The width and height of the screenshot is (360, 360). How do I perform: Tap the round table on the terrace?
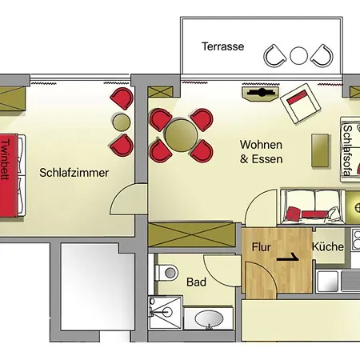click(x=298, y=55)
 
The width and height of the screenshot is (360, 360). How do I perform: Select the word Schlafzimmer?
click(x=74, y=173)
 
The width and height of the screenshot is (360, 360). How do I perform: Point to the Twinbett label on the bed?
click(x=6, y=161)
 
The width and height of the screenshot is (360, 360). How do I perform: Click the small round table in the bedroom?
click(x=121, y=122)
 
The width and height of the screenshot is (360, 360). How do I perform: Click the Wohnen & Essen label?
click(x=261, y=152)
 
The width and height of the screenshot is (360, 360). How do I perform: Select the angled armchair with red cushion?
click(x=300, y=103)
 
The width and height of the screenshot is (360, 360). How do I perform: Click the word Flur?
click(x=262, y=247)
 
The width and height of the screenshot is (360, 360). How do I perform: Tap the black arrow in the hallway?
click(x=290, y=258)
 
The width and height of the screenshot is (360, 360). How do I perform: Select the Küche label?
click(x=327, y=247)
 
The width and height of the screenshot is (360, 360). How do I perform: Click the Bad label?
click(x=196, y=282)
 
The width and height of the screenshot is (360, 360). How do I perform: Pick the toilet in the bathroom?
click(x=166, y=274)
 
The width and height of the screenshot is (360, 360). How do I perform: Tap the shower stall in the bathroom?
click(x=165, y=313)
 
